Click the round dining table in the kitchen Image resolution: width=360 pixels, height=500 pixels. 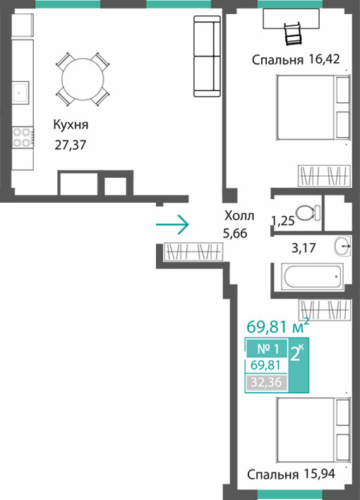click(x=83, y=79)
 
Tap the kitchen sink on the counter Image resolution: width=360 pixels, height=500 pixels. click(x=21, y=92)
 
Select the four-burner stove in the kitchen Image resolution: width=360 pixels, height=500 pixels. click(x=23, y=137)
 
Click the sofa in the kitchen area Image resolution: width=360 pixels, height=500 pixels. click(x=207, y=56)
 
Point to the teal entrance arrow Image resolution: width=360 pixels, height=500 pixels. click(x=172, y=225)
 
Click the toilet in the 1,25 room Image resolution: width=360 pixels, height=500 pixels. click(x=308, y=213)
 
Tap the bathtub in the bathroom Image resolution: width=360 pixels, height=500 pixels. click(x=312, y=277)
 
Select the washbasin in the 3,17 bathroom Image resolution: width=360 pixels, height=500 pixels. click(x=343, y=246)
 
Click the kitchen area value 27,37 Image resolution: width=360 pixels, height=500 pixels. click(x=71, y=145)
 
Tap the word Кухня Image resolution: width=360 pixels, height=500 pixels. click(x=71, y=125)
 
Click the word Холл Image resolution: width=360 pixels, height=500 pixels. click(x=239, y=216)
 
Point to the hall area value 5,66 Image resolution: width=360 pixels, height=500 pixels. click(x=235, y=234)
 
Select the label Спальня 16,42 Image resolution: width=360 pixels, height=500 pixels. click(x=296, y=59)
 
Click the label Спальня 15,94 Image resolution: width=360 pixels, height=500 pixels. click(x=291, y=474)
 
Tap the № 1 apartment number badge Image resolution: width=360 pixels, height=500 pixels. click(x=268, y=349)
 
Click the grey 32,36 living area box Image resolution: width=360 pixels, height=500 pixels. click(x=266, y=382)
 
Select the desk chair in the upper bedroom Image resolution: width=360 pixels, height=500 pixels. click(x=293, y=33)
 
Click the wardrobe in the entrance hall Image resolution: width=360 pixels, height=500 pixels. click(x=193, y=251)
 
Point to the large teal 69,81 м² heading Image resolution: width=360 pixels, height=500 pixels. click(x=278, y=326)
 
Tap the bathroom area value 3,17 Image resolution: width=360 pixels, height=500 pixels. click(x=304, y=248)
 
